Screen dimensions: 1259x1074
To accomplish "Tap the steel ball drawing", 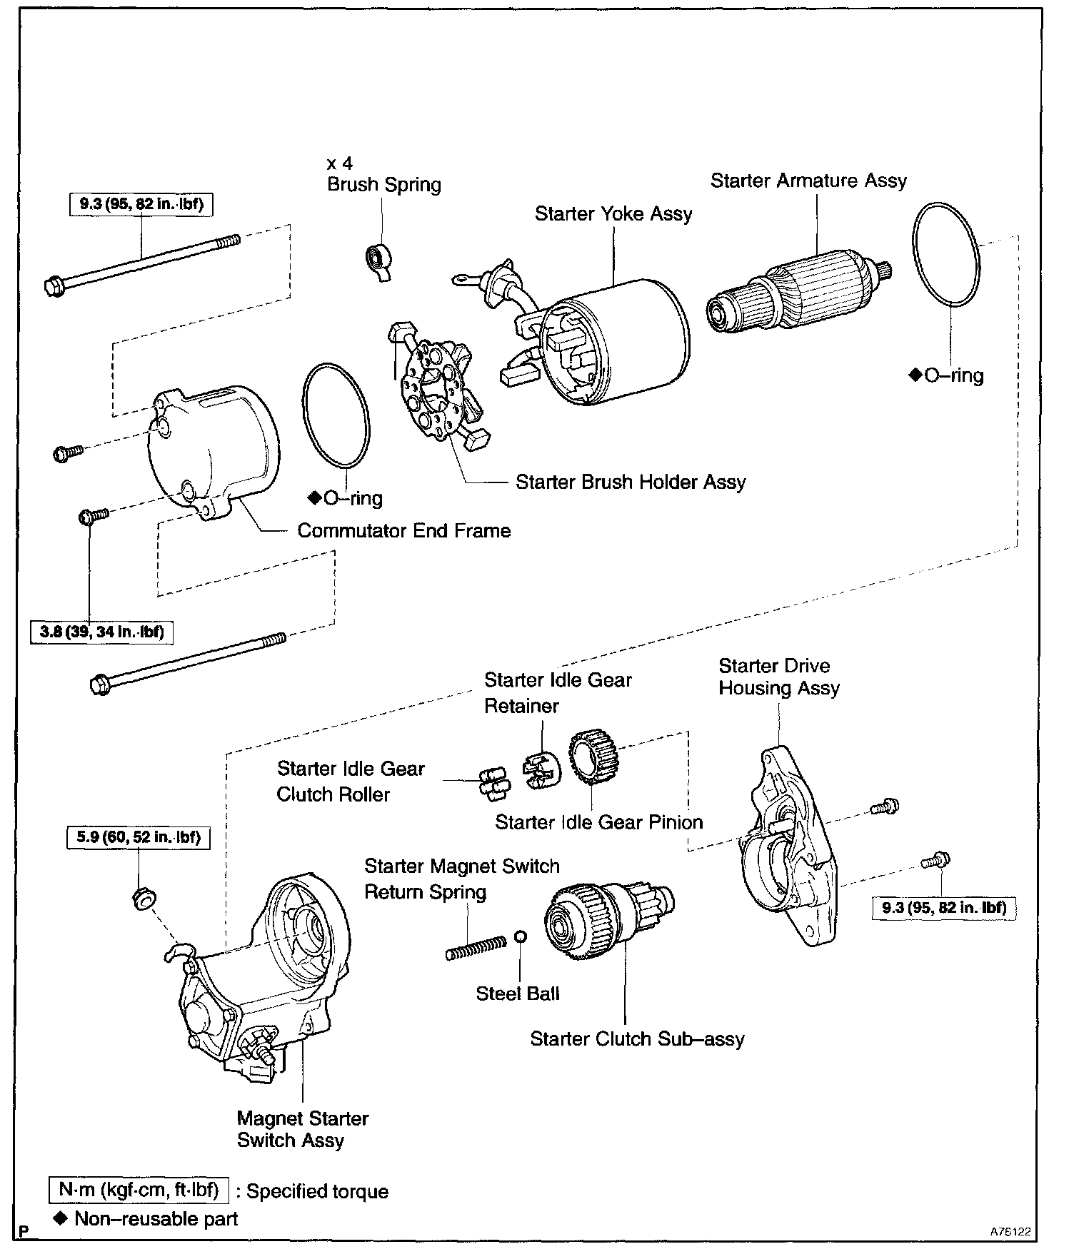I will (x=521, y=936).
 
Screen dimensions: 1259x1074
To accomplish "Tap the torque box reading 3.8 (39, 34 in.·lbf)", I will (x=101, y=632).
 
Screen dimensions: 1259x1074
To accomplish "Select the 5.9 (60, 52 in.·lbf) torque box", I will (x=139, y=836).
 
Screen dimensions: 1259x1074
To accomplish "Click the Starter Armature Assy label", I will (x=808, y=181).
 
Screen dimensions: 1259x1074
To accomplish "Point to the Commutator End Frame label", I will (x=403, y=531).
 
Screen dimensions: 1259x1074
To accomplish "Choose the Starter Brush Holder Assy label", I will (x=631, y=482).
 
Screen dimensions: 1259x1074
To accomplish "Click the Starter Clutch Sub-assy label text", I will (x=637, y=1038).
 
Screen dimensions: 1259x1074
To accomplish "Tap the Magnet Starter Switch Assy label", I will (x=302, y=1129).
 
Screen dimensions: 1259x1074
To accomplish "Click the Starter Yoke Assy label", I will (x=613, y=213).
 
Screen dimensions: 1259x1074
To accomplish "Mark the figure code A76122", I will (x=1010, y=1232).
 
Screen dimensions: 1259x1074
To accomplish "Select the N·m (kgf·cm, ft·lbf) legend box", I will (x=139, y=1191).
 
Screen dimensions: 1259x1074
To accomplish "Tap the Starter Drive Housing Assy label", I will (x=778, y=677).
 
